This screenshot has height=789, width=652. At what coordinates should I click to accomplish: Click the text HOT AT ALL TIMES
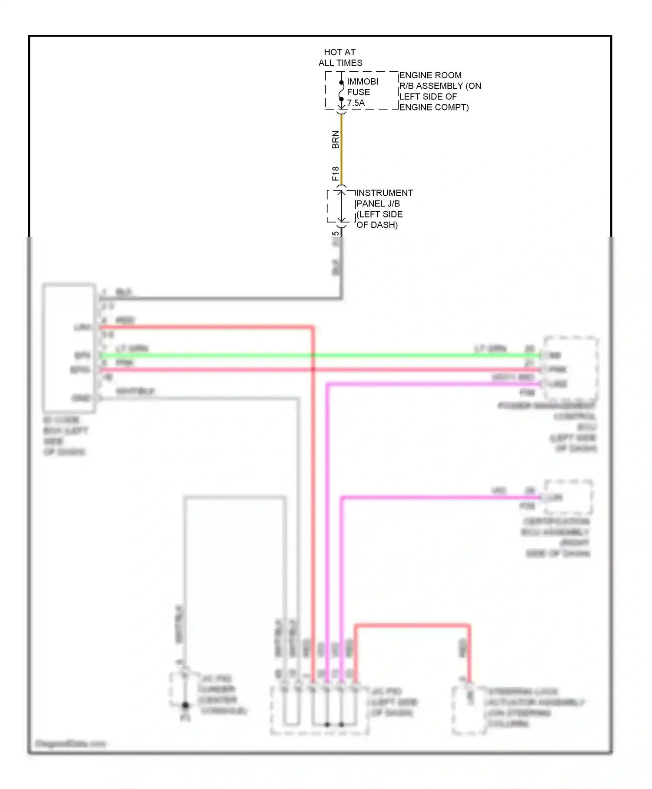tap(340, 57)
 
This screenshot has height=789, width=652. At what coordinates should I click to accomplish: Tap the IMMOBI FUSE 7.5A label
tap(362, 92)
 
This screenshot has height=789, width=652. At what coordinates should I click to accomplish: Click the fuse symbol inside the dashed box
tap(342, 91)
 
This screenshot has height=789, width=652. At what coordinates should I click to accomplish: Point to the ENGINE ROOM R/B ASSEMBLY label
tap(439, 91)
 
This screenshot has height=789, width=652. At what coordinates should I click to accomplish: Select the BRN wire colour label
tap(335, 140)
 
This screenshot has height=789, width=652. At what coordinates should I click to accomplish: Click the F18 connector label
tap(335, 174)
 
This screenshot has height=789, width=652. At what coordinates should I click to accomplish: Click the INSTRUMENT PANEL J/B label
tap(384, 209)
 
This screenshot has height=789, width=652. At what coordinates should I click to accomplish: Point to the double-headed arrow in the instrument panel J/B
tap(342, 206)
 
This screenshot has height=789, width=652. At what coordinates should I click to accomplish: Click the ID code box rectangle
tap(69, 348)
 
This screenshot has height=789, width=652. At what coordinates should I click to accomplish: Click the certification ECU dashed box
tap(569, 497)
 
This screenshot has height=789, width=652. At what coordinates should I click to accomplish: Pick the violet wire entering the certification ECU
tap(435, 497)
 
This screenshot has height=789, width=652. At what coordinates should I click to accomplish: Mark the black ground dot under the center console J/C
tap(185, 705)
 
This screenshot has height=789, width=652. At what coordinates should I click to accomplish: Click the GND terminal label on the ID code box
tap(81, 398)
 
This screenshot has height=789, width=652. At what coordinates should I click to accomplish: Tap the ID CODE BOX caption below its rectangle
tap(65, 436)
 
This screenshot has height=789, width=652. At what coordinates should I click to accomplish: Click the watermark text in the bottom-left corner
tap(70, 743)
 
